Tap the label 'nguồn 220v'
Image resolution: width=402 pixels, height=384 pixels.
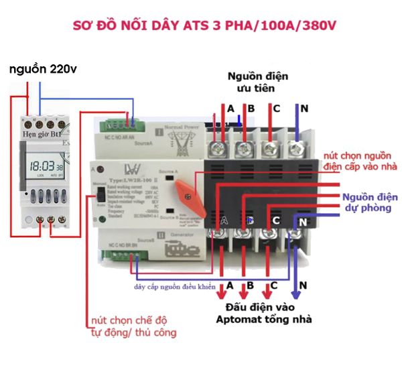(x=42, y=69)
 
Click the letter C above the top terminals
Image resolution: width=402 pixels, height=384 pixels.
(x=275, y=108)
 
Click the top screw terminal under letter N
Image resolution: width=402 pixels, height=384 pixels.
(x=295, y=145)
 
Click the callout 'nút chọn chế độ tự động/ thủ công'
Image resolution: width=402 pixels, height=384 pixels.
(x=133, y=326)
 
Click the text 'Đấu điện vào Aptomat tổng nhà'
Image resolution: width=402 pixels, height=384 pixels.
(x=263, y=313)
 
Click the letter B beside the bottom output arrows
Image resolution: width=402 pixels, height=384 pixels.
(x=250, y=285)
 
